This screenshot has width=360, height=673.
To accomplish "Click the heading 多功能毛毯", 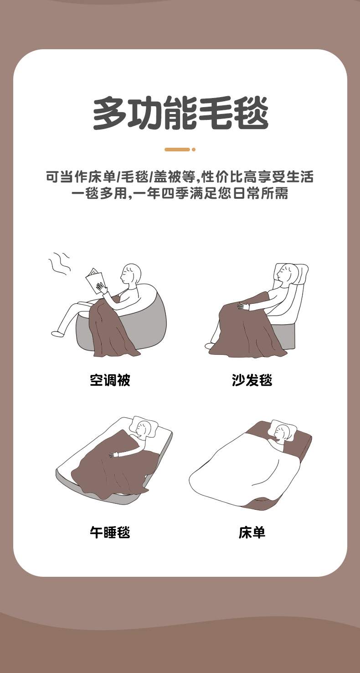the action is pyautogui.click(x=180, y=113).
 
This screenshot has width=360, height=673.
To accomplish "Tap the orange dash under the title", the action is pyautogui.click(x=177, y=149).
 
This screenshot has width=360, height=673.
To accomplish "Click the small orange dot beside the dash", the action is pyautogui.click(x=194, y=149).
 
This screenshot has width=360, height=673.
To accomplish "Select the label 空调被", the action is pyautogui.click(x=110, y=380).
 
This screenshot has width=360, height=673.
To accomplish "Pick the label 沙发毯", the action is pyautogui.click(x=252, y=380).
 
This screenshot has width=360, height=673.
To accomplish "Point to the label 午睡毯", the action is pyautogui.click(x=110, y=533).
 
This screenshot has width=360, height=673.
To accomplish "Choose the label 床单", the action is pyautogui.click(x=252, y=533).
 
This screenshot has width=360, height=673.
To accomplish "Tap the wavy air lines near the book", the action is pyautogui.click(x=59, y=264).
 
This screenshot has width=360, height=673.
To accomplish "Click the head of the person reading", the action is pyautogui.click(x=131, y=274).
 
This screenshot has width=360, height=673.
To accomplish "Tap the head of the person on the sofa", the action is pyautogui.click(x=286, y=274).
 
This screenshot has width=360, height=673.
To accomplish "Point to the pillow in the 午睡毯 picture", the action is pyautogui.click(x=144, y=426).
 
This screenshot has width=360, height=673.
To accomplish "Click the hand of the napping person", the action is pyautogui.click(x=114, y=454).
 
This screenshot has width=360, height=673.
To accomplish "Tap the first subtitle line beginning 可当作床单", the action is pyautogui.click(x=180, y=176).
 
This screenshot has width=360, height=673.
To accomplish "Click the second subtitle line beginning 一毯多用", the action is pyautogui.click(x=180, y=193).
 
